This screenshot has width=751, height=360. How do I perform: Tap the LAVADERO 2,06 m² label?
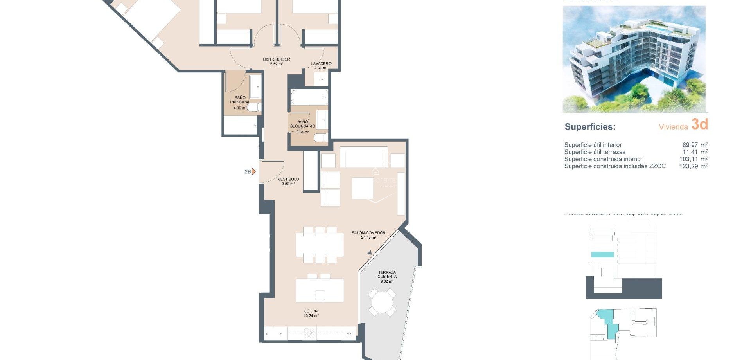321,65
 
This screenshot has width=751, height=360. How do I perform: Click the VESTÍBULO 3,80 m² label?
288,181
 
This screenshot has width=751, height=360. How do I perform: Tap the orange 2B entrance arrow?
253,171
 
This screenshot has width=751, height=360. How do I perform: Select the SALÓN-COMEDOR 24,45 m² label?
368,235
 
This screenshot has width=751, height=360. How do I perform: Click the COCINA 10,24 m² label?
311,313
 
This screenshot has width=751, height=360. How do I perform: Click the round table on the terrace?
382,302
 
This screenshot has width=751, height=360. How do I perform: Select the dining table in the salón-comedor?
320,245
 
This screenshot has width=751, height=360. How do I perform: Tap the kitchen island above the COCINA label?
320,290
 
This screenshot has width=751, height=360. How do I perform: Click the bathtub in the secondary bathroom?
309,97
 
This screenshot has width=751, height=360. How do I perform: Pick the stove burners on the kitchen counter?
309,333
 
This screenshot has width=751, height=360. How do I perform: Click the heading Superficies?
589,127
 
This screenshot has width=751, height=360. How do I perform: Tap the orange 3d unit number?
699,124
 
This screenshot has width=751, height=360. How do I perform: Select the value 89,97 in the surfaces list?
690,145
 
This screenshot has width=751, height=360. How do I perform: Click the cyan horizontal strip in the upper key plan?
602,255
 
